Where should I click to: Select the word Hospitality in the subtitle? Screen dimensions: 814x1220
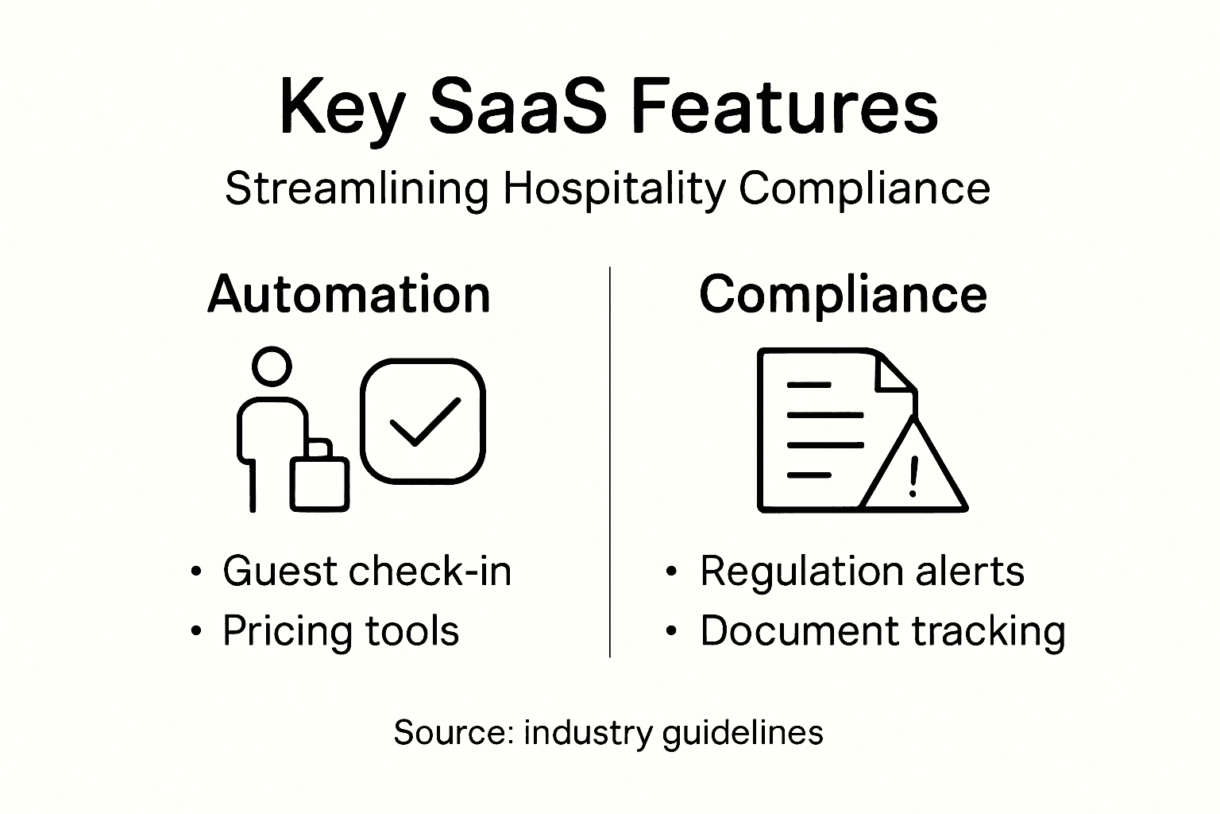click(x=614, y=189)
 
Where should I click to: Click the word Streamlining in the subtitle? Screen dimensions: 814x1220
click(x=357, y=189)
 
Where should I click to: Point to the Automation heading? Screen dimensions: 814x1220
click(x=349, y=294)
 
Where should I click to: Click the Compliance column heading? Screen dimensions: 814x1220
click(x=843, y=294)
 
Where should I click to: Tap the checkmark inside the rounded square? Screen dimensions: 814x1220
click(x=424, y=421)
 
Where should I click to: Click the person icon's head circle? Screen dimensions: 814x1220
click(x=272, y=366)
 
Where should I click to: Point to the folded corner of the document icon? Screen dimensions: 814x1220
click(x=895, y=372)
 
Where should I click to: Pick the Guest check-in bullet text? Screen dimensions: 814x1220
click(x=367, y=571)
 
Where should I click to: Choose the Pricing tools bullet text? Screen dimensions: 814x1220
click(x=341, y=631)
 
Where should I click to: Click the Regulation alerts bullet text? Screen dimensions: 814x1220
click(x=862, y=571)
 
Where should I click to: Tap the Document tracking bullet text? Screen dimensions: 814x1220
click(x=882, y=631)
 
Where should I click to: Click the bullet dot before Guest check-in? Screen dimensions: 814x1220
click(x=196, y=572)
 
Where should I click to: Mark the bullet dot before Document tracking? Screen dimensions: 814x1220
click(x=672, y=632)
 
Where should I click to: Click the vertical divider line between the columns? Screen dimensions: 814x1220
click(x=609, y=461)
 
